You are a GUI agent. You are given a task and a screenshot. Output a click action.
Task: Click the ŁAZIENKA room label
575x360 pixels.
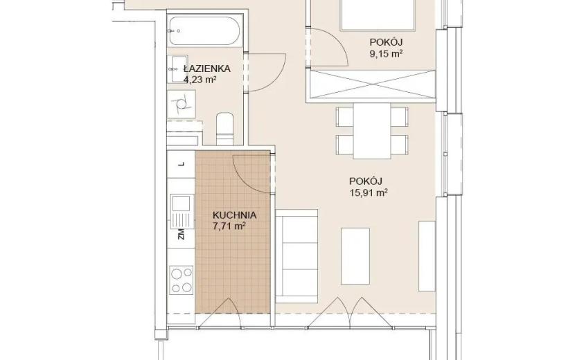click(x=207, y=68)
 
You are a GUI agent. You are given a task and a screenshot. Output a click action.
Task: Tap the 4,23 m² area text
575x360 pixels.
click(x=199, y=80)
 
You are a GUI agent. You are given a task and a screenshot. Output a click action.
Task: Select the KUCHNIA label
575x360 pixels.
click(x=234, y=215)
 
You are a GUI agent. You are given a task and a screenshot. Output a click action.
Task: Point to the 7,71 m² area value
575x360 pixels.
click(x=229, y=226)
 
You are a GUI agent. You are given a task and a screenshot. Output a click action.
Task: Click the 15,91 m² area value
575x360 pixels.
click(x=369, y=192)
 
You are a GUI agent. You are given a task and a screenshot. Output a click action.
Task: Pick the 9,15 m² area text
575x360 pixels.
click(x=386, y=54)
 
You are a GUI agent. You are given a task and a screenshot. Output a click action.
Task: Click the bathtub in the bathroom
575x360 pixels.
click(x=205, y=30)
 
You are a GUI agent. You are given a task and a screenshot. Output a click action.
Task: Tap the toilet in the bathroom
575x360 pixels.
click(x=224, y=129)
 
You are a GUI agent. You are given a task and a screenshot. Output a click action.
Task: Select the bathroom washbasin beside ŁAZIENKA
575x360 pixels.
click(x=178, y=69)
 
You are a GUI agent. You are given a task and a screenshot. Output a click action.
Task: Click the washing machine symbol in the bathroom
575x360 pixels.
click(x=181, y=104)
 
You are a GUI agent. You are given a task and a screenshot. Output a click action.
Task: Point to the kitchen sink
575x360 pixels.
click(x=182, y=212)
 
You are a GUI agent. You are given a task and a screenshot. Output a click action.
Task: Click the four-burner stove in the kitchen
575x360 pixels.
click(x=182, y=280)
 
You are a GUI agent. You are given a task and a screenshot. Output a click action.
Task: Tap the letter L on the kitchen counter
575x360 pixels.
click(x=181, y=164)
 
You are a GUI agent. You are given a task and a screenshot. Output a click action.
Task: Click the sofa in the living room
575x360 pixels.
click(x=297, y=256)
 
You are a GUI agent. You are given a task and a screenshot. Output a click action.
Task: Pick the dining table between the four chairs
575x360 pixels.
click(x=372, y=131)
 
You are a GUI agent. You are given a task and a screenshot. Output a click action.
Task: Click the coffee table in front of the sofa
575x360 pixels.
click(x=355, y=256)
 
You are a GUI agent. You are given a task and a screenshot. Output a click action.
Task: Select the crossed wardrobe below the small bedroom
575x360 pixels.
click(x=373, y=84)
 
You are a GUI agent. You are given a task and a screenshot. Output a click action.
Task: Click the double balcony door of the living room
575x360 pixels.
click(x=350, y=313)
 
